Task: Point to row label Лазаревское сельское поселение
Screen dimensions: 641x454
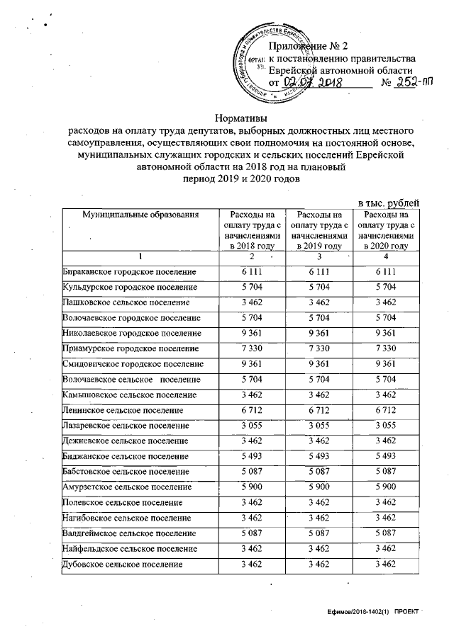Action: (x=127, y=425)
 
